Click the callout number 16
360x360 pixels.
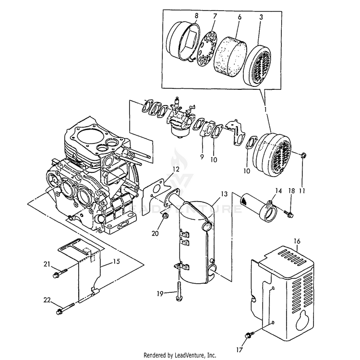[297, 241]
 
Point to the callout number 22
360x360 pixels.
[47, 300]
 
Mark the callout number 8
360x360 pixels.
[196, 16]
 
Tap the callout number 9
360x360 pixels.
[202, 157]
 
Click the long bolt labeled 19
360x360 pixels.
[179, 291]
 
